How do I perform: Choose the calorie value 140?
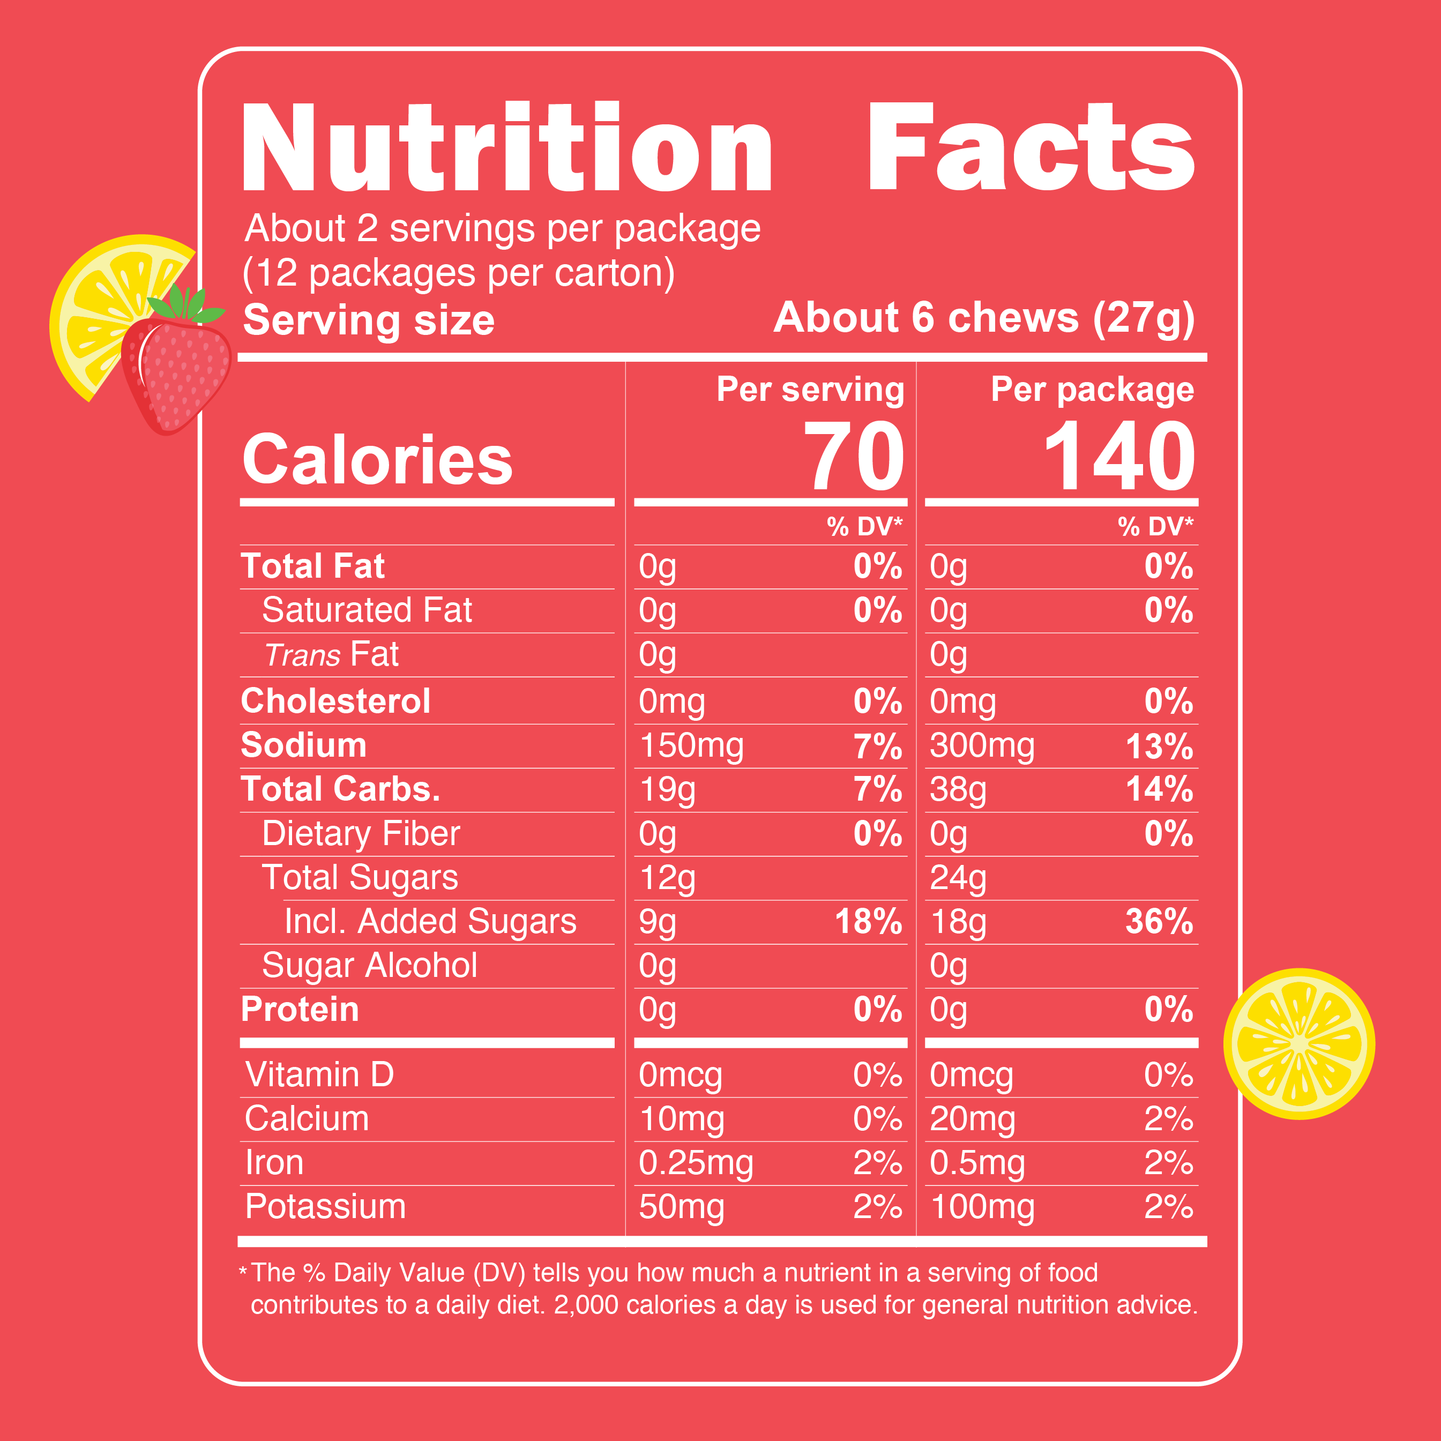tap(1119, 457)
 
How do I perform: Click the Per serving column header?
tap(810, 390)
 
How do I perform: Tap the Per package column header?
tap(1092, 390)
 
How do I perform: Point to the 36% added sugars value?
tap(1159, 922)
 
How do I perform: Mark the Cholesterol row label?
tap(335, 701)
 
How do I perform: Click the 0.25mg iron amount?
tap(696, 1163)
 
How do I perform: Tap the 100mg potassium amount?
tap(982, 1207)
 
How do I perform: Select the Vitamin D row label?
tap(319, 1075)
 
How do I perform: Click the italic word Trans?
tap(303, 655)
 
